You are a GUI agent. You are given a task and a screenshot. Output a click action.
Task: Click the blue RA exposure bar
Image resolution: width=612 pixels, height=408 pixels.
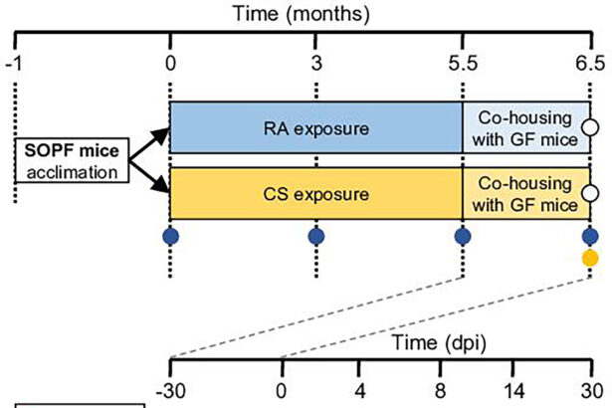pyautogui.click(x=316, y=127)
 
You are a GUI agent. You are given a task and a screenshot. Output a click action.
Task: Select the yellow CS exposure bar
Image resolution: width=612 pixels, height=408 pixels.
pyautogui.click(x=316, y=193)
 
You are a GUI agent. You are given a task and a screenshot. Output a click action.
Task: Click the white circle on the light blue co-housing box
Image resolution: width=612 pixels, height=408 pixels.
pyautogui.click(x=590, y=127)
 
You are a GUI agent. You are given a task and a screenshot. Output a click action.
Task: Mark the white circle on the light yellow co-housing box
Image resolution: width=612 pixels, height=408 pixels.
pyautogui.click(x=590, y=193)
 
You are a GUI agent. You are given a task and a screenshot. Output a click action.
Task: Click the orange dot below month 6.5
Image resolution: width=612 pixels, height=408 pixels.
pyautogui.click(x=590, y=259)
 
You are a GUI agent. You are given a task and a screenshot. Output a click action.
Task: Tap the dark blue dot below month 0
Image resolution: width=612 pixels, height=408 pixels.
pyautogui.click(x=171, y=237)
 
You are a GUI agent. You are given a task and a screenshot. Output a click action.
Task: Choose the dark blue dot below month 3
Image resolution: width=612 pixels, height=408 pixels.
pyautogui.click(x=316, y=237)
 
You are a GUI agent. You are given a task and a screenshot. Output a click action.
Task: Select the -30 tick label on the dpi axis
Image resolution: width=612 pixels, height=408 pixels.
pyautogui.click(x=171, y=389)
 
